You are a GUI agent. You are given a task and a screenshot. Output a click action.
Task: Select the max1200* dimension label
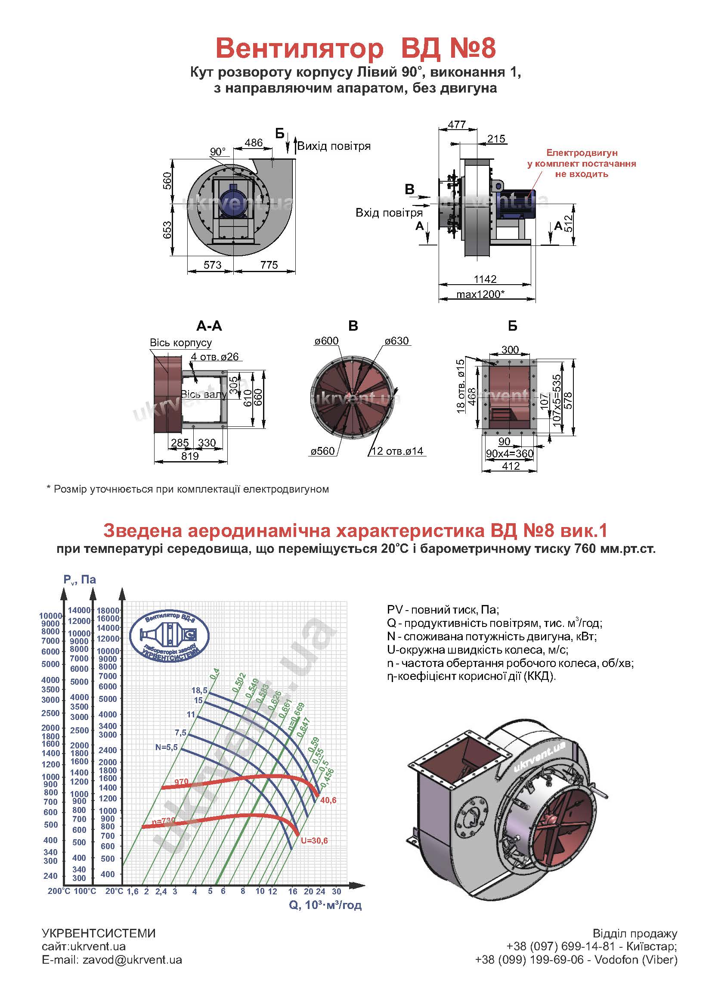click(x=480, y=294)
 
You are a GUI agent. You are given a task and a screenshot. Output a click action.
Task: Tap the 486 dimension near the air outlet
click(x=254, y=143)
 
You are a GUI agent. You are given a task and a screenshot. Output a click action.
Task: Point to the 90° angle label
click(x=217, y=152)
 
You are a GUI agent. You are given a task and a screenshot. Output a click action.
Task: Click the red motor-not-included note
click(x=581, y=164)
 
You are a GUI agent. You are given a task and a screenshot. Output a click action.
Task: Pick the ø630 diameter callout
click(x=396, y=341)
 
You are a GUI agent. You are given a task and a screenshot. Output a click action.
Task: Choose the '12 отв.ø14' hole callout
click(x=397, y=451)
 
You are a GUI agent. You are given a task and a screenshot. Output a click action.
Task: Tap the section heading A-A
click(x=209, y=326)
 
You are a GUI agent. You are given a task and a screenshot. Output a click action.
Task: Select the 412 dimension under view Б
click(x=511, y=466)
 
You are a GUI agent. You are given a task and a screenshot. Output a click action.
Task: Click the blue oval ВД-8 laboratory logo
click(x=170, y=637)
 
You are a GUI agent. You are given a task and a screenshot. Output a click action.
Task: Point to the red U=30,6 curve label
click(x=314, y=841)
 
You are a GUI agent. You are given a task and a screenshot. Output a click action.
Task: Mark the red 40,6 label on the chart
click(x=328, y=800)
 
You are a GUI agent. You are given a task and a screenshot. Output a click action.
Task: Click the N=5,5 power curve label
click(x=167, y=747)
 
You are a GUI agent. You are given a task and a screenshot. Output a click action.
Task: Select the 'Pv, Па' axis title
click(x=79, y=580)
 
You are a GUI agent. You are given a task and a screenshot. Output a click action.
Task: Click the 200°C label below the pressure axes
click(x=59, y=891)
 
